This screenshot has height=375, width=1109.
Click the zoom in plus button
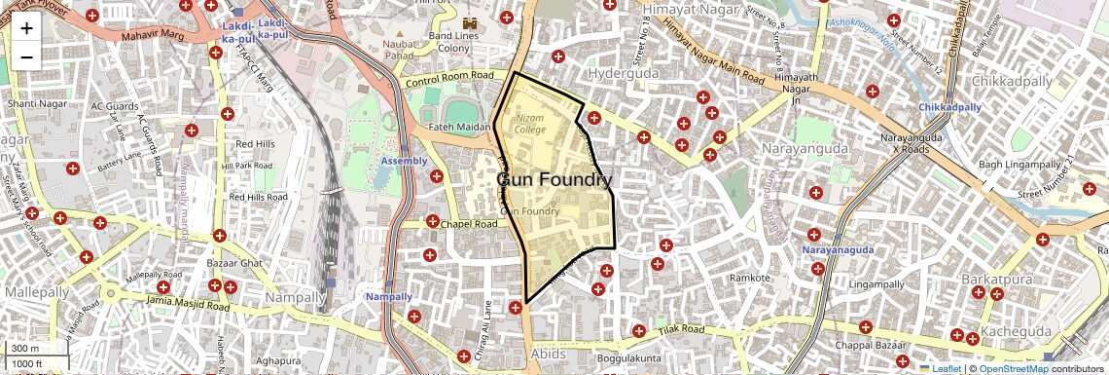(x=26, y=27)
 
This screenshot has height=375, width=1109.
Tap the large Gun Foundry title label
(x=555, y=180)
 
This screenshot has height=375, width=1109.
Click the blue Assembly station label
(x=404, y=160)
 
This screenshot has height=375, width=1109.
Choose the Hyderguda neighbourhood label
(x=624, y=73)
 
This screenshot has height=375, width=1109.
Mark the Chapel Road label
(x=469, y=224)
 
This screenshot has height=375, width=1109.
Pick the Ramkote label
(x=749, y=278)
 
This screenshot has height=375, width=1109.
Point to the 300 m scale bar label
(x=24, y=349)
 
